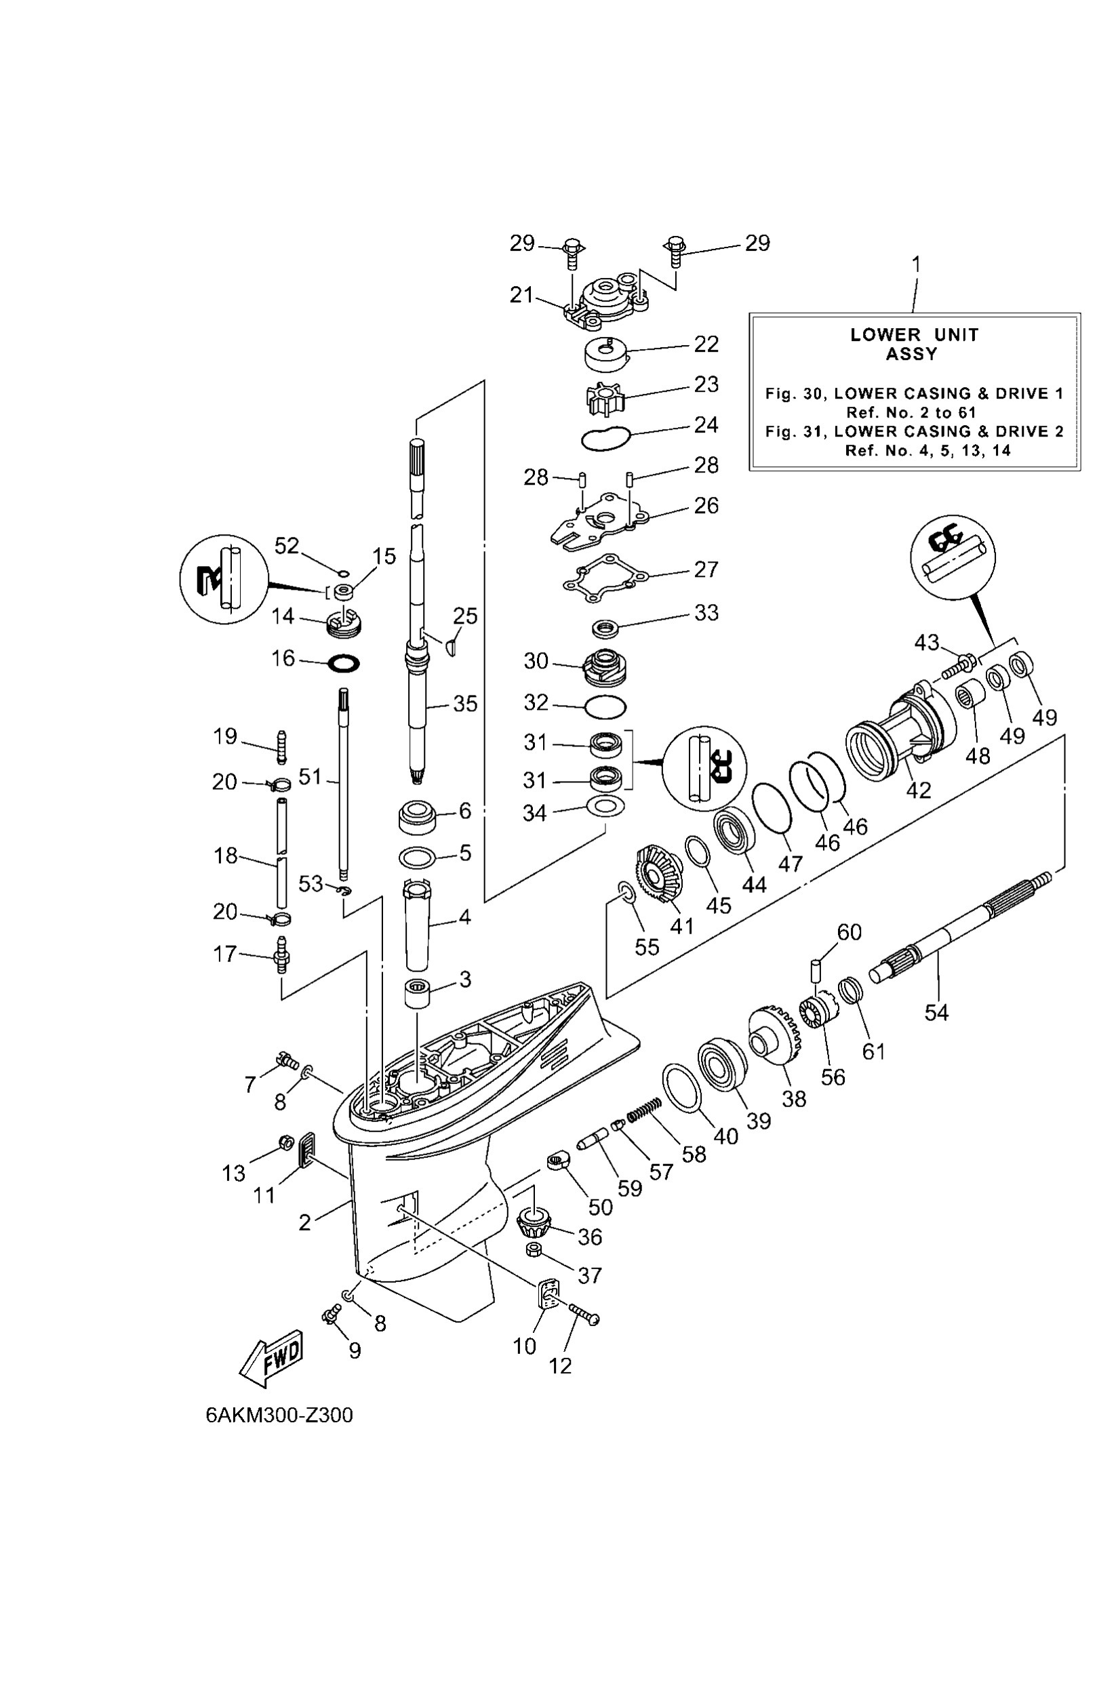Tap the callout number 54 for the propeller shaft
point(936,1012)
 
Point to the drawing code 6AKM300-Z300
point(279,1416)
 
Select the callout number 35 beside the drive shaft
point(465,704)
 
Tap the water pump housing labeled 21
point(605,302)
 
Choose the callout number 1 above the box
point(916,264)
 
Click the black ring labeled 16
point(344,664)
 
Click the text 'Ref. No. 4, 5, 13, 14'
point(927,451)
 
